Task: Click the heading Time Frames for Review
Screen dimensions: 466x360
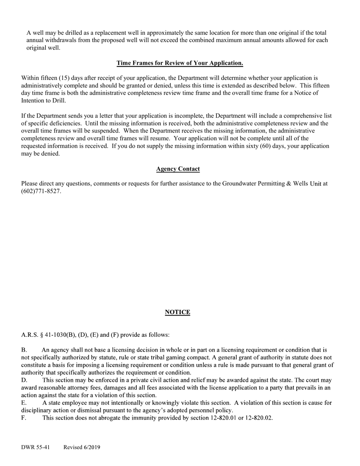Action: click(180, 63)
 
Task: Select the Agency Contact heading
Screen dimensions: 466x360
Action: click(178, 169)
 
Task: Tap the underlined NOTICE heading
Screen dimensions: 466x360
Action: click(177, 312)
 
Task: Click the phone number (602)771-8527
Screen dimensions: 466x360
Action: click(41, 191)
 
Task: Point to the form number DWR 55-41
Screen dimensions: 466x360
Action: click(35, 447)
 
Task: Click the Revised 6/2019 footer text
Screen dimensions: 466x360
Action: click(82, 447)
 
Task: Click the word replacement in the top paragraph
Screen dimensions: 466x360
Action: click(111, 33)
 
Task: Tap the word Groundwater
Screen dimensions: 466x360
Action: click(239, 184)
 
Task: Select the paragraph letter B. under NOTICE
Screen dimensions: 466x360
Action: click(24, 350)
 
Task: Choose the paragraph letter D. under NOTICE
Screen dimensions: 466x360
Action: click(24, 380)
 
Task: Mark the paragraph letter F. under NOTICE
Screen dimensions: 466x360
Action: click(23, 418)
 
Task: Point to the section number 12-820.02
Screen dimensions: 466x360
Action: click(259, 418)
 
